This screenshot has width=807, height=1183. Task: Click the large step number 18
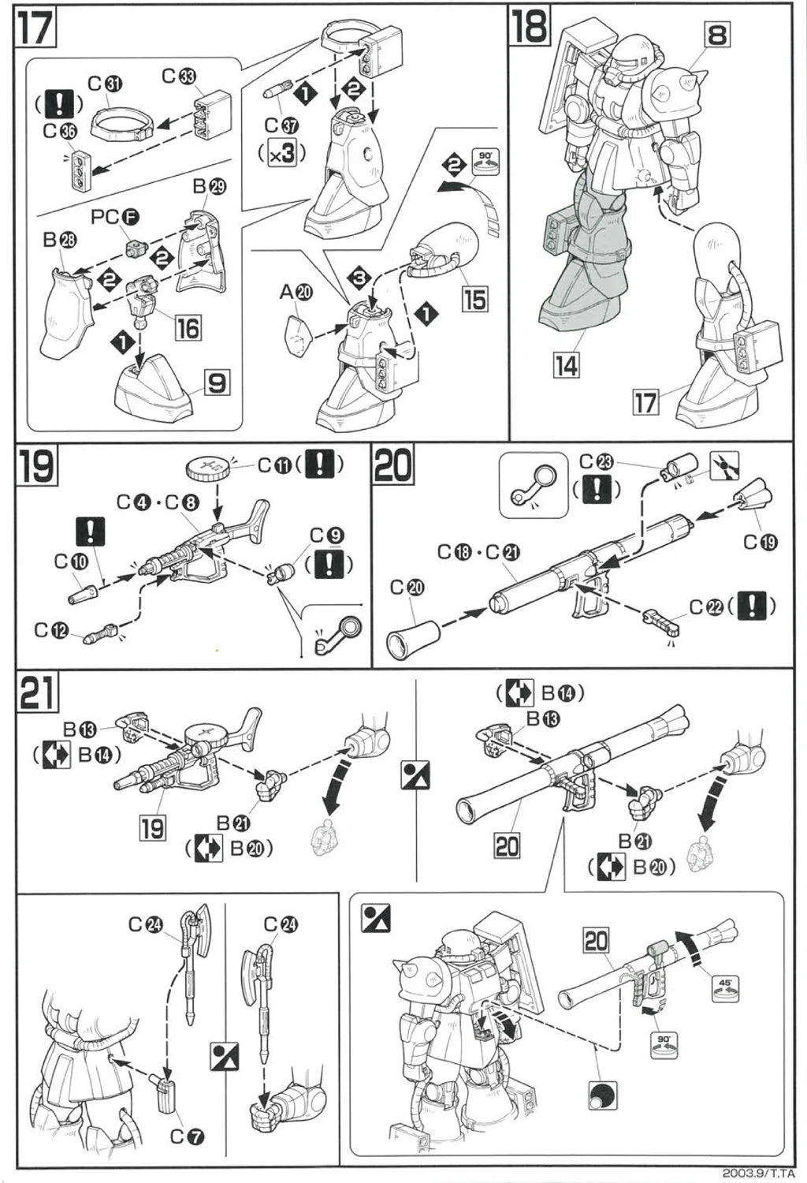pos(529,28)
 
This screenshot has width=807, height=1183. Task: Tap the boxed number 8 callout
pos(717,34)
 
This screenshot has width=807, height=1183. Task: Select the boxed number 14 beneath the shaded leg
pos(566,365)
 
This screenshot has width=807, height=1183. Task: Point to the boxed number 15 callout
pos(474,300)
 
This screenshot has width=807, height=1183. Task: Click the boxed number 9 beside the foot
pos(217,383)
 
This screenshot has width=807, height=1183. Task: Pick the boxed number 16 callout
pos(188,327)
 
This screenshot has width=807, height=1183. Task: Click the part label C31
pos(104,83)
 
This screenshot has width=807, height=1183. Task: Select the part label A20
pos(296,293)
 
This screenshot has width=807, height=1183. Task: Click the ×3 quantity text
pos(281,153)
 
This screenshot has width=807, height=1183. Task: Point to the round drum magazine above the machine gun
pos(208,468)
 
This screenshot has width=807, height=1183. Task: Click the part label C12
pos(50,630)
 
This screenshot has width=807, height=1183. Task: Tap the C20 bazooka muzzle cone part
pos(415,636)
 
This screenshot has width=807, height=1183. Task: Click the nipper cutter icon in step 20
pos(724,466)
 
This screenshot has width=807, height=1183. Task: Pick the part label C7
pos(188,1137)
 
